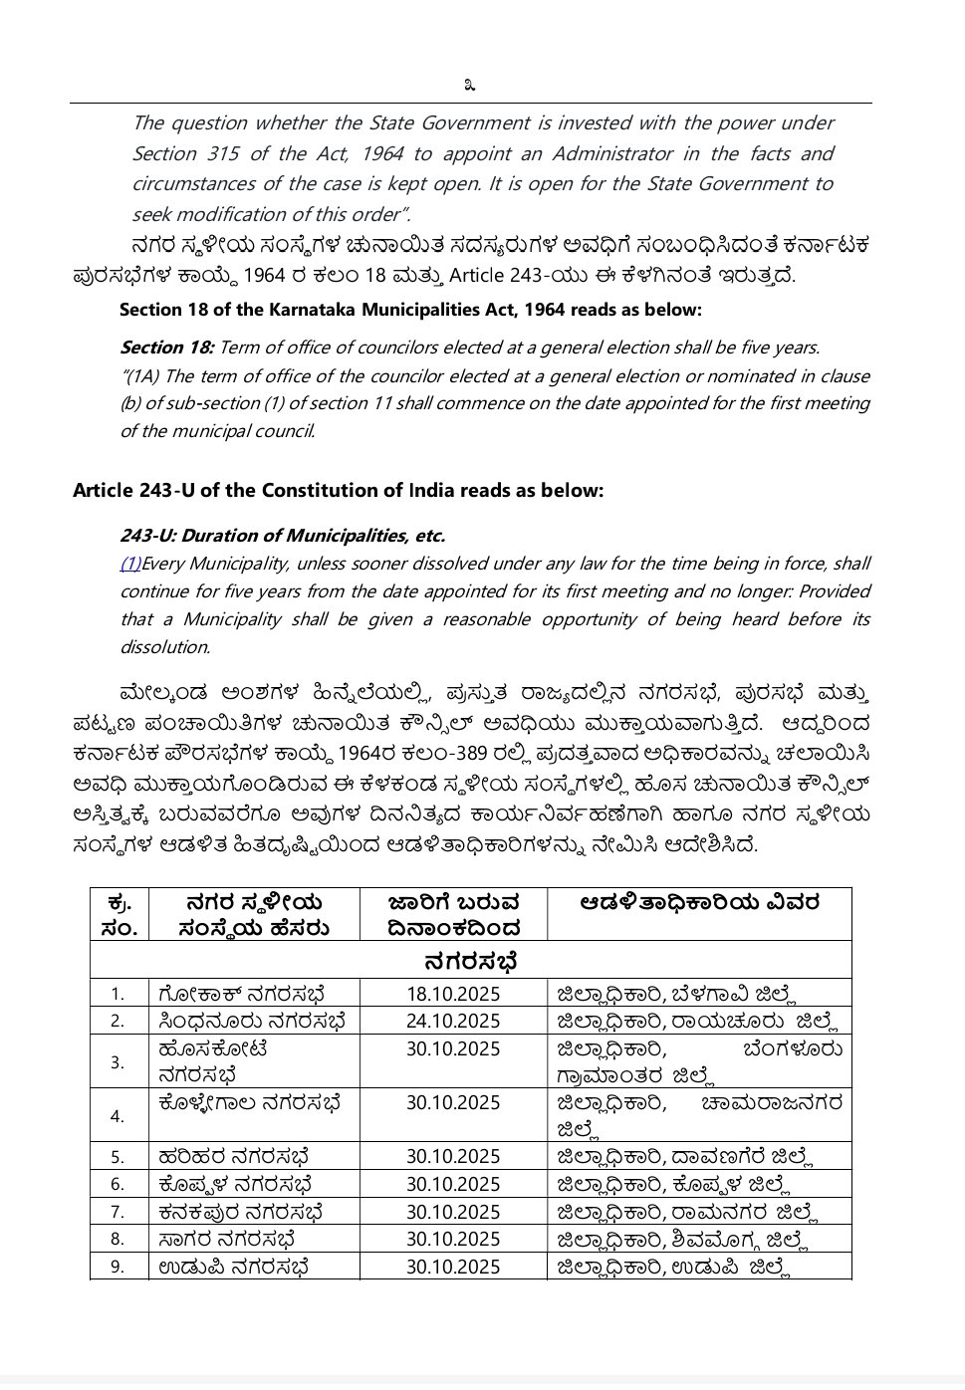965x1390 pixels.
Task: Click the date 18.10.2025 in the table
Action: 453,994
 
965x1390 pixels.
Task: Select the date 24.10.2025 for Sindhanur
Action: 453,1021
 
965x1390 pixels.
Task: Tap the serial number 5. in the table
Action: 118,1157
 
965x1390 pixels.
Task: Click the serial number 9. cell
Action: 118,1267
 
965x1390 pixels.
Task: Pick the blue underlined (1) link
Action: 130,564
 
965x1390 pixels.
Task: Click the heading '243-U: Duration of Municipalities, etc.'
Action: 283,536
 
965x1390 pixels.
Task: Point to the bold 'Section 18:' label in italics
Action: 166,347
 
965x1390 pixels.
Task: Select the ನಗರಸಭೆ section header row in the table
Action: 470,961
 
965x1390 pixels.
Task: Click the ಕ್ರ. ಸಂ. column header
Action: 119,915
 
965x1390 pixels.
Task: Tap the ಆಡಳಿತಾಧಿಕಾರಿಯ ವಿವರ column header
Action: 699,903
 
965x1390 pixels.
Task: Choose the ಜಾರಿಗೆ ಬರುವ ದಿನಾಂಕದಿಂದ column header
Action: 453,915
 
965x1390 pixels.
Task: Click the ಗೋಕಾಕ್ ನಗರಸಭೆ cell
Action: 242,994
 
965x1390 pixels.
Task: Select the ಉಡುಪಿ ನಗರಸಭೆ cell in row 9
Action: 233,1267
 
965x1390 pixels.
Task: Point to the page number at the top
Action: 470,86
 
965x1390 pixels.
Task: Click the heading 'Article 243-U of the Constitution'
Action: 338,491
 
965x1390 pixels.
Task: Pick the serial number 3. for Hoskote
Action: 118,1062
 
